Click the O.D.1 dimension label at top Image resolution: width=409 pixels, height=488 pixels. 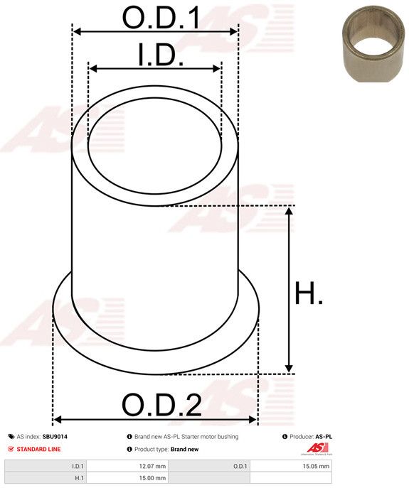(x=161, y=17)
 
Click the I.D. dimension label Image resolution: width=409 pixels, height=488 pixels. (x=161, y=55)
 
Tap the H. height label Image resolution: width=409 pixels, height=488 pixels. (x=309, y=293)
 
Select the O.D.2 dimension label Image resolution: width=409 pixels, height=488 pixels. (x=161, y=405)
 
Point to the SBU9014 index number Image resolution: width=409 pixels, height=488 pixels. (x=55, y=437)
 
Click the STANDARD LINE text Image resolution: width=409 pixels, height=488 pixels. (x=38, y=449)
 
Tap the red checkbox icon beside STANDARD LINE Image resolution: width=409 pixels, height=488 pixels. (x=11, y=449)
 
